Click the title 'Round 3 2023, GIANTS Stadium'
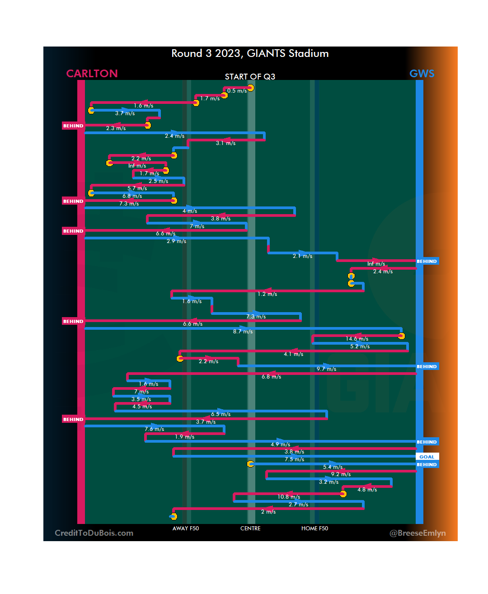(x=250, y=53)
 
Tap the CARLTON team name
(x=92, y=74)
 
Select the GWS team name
(x=422, y=74)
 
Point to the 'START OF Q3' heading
(x=250, y=77)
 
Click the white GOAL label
(x=427, y=457)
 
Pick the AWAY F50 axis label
(x=185, y=529)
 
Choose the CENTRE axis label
(x=250, y=529)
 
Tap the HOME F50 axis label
(x=314, y=529)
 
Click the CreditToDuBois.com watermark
(x=94, y=533)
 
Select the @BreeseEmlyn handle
(x=418, y=533)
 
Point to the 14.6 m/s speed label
(x=357, y=339)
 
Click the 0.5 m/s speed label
(x=237, y=91)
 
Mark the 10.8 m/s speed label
(x=289, y=497)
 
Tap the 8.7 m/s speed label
(x=243, y=332)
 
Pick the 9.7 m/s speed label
(x=326, y=369)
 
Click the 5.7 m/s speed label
(x=137, y=188)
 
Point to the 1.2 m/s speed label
(x=267, y=294)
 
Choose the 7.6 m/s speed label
(x=154, y=429)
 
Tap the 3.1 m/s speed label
(x=225, y=143)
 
